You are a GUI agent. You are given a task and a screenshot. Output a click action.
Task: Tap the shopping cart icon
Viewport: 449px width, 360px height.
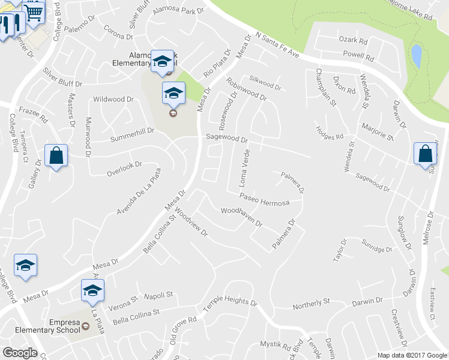[34, 10]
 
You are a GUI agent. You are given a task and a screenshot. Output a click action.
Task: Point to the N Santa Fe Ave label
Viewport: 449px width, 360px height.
[277, 45]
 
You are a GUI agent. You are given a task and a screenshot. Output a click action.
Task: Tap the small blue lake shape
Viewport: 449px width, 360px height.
[416, 57]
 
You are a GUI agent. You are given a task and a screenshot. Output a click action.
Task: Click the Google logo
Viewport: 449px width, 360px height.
[20, 353]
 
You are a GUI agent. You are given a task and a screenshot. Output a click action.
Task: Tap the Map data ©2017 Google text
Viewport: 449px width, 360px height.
[412, 355]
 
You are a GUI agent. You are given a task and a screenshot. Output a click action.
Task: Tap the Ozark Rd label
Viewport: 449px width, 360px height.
[354, 41]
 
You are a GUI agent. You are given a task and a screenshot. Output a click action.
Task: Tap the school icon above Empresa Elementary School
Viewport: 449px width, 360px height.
[92, 290]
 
